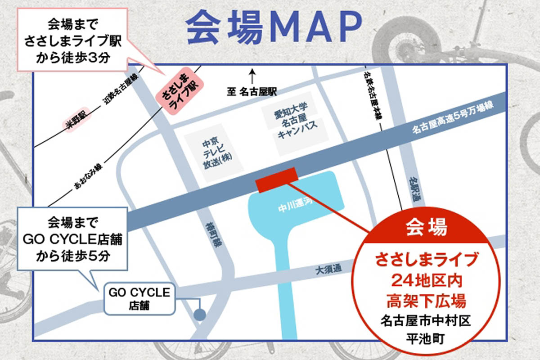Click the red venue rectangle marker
(276, 179)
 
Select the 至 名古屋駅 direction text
(252, 92)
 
